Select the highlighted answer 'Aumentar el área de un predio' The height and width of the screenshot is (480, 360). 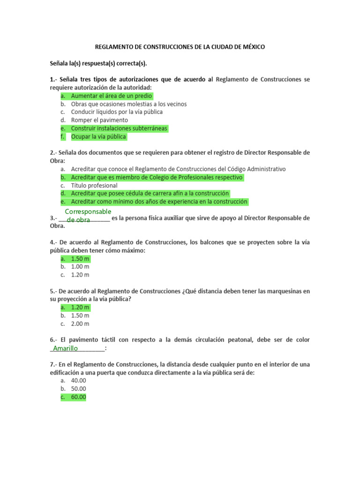[x=112, y=96]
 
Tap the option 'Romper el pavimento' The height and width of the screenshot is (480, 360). [x=99, y=120]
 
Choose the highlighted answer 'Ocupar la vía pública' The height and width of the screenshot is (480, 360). [x=98, y=137]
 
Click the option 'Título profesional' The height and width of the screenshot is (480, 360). [x=94, y=186]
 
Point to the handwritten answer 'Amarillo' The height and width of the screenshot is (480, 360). [x=66, y=348]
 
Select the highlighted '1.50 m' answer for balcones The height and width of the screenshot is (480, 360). [x=80, y=259]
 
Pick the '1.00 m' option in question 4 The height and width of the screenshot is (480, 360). [x=80, y=267]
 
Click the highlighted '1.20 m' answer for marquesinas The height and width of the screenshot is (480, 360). [x=80, y=307]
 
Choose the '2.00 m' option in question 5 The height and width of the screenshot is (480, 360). [x=80, y=324]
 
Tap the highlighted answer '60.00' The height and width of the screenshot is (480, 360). [x=79, y=397]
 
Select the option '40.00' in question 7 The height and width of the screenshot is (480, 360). [x=79, y=381]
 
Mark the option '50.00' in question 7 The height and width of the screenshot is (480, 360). [x=79, y=389]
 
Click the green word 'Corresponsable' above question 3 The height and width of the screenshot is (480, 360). [x=88, y=212]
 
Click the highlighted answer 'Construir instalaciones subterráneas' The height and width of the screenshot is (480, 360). [x=119, y=128]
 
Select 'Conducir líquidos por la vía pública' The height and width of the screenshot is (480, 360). [x=117, y=112]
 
